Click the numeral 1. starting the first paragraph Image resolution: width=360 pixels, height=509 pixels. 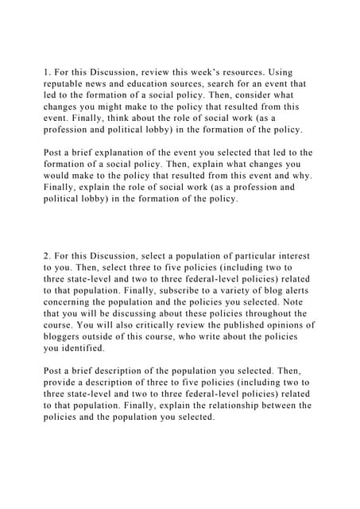click(x=48, y=71)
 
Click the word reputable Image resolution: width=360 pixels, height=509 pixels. click(x=69, y=83)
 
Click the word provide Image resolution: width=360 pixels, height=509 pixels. click(x=63, y=383)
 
